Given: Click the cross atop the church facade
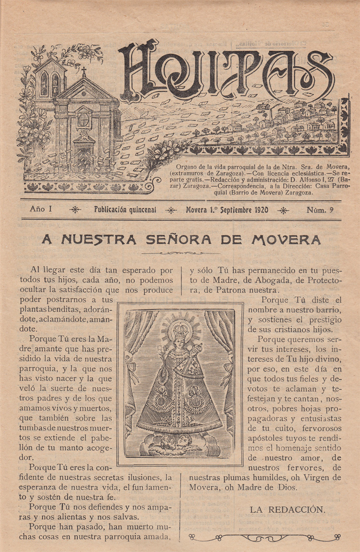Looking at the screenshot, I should pyautogui.click(x=84, y=72).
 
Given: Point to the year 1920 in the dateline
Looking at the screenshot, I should pyautogui.click(x=258, y=210).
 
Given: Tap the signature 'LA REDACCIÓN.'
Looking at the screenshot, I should pyautogui.click(x=288, y=510).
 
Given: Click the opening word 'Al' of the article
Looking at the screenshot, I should pyautogui.click(x=35, y=270).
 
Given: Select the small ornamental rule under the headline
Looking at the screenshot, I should pyautogui.click(x=181, y=252).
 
